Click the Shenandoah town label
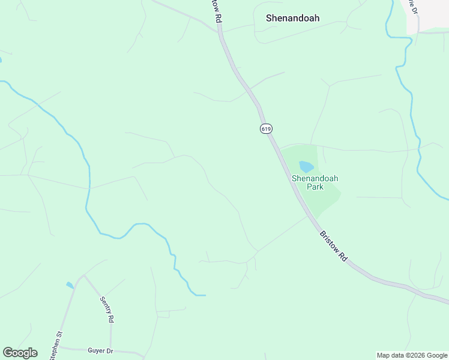(292, 18)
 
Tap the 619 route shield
(266, 128)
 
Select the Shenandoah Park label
(315, 182)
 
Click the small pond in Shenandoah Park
(306, 167)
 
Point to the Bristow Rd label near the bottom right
(333, 246)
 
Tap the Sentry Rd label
(106, 310)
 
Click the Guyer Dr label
(100, 350)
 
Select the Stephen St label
(56, 346)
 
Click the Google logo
(20, 353)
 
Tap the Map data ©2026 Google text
(412, 355)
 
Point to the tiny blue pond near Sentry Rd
(70, 285)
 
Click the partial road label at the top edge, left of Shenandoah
(217, 12)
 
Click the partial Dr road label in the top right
(412, 7)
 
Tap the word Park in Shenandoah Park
(315, 187)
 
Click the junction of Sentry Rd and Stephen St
(83, 277)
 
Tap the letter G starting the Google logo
(8, 353)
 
